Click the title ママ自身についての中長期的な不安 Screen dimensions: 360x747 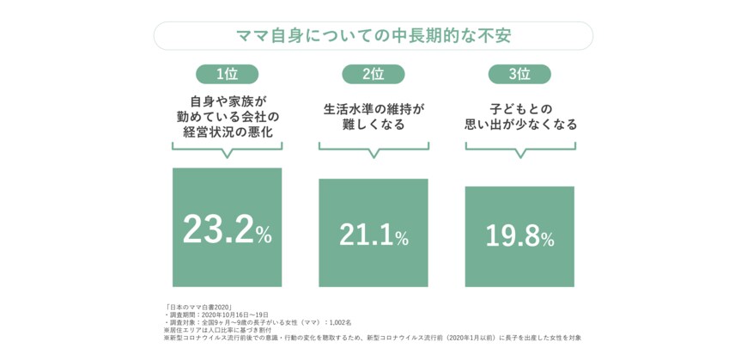(373, 36)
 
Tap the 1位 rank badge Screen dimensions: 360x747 (227, 74)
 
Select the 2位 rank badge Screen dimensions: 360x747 (373, 74)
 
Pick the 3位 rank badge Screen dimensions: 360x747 (519, 74)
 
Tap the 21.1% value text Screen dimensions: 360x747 (373, 235)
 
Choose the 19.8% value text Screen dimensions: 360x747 (519, 237)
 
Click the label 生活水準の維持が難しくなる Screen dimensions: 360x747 (373, 117)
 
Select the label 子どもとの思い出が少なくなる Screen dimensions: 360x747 (519, 117)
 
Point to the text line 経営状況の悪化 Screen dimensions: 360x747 (227, 132)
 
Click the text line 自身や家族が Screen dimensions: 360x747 (227, 101)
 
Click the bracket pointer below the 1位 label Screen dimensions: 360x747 (227, 151)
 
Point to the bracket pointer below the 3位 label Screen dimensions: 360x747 (519, 151)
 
